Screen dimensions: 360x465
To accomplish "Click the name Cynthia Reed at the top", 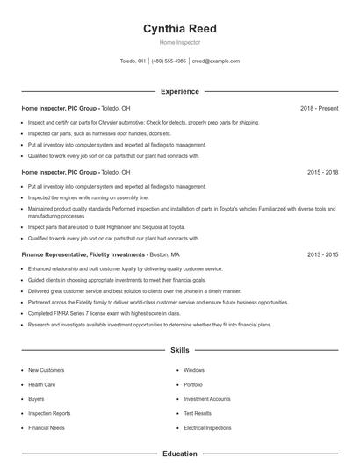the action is tap(179, 28).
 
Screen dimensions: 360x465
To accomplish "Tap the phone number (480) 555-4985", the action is tap(169, 61).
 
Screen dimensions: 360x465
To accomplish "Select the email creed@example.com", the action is tap(216, 61).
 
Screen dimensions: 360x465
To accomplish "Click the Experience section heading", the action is tap(179, 91).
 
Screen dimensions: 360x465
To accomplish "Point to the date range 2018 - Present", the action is tap(319, 109).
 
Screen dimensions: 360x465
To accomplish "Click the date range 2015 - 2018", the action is tap(322, 173).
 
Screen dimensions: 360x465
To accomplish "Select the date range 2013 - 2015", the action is tap(322, 254).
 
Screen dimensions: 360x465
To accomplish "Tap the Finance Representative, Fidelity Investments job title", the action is tap(77, 254).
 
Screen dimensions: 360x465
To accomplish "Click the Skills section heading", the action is tap(179, 350).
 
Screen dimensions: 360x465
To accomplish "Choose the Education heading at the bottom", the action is tap(179, 454).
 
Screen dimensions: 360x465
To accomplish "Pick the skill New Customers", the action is tap(46, 370).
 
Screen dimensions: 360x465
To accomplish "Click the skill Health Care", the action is tap(42, 384).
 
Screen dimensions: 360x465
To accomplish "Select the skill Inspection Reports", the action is tap(49, 413).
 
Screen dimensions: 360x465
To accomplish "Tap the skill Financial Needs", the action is tap(47, 427).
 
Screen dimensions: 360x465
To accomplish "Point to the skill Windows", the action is tap(194, 370).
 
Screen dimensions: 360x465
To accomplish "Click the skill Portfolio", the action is tap(193, 384).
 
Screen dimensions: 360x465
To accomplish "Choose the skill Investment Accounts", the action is tap(207, 399).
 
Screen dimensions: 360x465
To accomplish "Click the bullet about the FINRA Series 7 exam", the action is tap(104, 312).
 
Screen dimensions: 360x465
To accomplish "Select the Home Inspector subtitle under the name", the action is tap(179, 41).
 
